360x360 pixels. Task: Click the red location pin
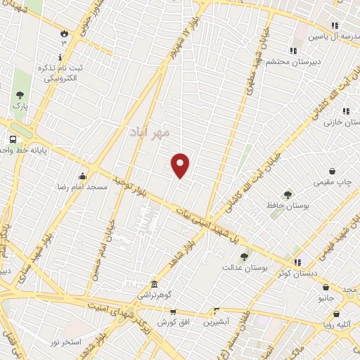pos(181,165)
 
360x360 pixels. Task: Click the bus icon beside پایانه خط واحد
pos(13,139)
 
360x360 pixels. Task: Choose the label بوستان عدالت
pos(242,267)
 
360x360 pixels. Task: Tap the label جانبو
pos(326,297)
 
